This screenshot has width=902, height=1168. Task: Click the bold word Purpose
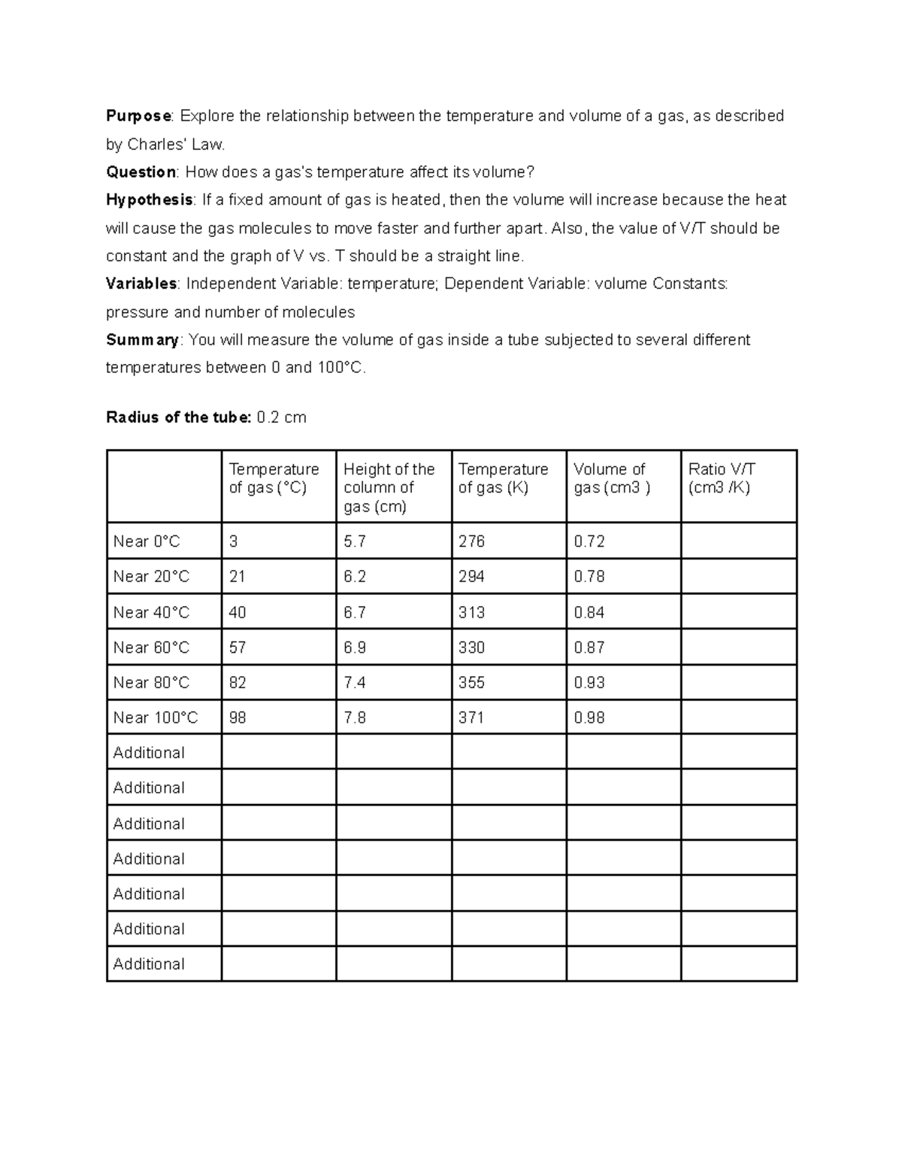click(x=139, y=116)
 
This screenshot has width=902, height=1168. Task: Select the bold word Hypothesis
click(x=150, y=200)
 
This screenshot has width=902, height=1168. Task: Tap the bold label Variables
click(x=141, y=284)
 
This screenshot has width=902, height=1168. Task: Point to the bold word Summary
click(x=143, y=340)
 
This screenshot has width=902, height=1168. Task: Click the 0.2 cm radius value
click(x=281, y=417)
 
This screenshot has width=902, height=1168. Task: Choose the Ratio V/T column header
click(x=722, y=478)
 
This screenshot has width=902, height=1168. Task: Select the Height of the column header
click(x=389, y=487)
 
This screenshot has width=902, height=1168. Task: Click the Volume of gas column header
click(x=611, y=478)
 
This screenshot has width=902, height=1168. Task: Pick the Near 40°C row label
click(x=151, y=612)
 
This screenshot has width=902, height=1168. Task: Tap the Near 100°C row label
click(x=156, y=717)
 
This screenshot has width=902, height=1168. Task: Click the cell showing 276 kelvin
click(x=471, y=542)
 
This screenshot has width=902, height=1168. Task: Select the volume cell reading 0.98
click(x=589, y=717)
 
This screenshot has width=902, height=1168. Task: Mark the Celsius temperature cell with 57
click(x=238, y=648)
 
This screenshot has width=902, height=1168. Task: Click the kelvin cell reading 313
click(x=471, y=612)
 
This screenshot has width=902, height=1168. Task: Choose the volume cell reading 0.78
click(x=589, y=577)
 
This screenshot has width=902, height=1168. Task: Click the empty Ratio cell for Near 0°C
click(x=738, y=542)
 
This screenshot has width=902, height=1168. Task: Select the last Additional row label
click(x=149, y=964)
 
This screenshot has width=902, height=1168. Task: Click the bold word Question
click(x=141, y=172)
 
